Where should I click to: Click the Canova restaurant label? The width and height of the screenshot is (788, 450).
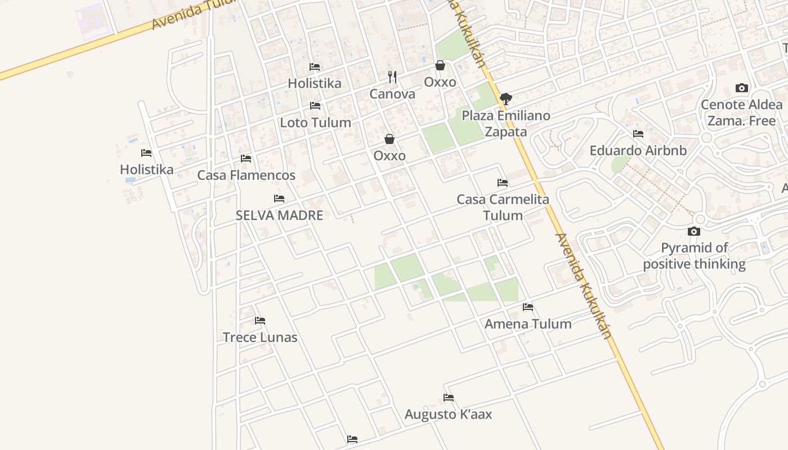point(392,94)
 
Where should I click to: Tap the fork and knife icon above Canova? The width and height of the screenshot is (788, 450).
point(392,77)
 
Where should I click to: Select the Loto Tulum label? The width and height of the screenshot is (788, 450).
point(315,123)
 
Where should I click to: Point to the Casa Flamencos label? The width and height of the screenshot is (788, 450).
point(246,175)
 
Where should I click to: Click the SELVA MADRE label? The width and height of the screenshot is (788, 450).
point(279,215)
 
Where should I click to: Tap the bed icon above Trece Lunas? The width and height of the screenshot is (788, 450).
point(259,321)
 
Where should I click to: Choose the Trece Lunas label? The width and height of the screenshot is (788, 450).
point(260,337)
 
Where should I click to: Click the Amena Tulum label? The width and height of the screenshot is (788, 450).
point(528,324)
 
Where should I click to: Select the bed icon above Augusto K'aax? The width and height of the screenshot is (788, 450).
point(449,398)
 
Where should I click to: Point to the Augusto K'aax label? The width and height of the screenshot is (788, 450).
point(448,415)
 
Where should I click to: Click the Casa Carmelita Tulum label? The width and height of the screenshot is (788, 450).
point(503,208)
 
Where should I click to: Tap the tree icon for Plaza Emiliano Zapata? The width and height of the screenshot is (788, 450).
point(506,99)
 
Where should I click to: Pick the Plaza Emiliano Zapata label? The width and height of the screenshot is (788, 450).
point(506,124)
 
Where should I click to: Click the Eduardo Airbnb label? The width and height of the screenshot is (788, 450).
point(638,151)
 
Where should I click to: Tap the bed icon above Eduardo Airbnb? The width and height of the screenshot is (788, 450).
point(638,134)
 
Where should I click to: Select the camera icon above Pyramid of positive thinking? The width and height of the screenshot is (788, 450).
point(694,231)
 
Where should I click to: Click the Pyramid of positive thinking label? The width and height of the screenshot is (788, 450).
point(694,256)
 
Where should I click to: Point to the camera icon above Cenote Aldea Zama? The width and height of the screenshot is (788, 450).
point(742,88)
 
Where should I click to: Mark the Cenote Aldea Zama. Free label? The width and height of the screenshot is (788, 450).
point(742,112)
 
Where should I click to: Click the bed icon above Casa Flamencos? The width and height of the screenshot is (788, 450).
point(246,159)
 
